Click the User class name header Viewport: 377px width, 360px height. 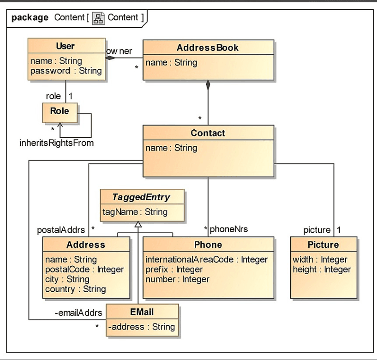[65, 46]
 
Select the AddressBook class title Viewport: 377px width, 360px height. [208, 48]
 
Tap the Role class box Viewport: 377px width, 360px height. [60, 111]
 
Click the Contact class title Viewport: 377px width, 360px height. [208, 133]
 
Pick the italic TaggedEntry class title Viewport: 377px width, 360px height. [142, 197]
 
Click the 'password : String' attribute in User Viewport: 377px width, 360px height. [66, 71]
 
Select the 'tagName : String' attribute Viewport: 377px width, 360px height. [135, 212]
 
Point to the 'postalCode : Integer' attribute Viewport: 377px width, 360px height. [84, 269]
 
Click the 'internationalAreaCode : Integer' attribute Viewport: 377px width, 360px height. [206, 259]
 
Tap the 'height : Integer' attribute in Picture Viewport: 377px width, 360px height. [322, 269]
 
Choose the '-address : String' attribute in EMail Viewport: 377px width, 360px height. [142, 327]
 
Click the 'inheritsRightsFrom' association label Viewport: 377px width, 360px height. [56, 143]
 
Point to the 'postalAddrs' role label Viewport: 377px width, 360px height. [61, 229]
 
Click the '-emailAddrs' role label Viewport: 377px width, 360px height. [78, 313]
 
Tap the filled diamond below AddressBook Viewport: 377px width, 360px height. [208, 85]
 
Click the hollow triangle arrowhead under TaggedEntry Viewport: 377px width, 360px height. [138, 225]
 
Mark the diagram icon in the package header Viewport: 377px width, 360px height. [98, 18]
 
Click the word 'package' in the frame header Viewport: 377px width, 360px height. [30, 18]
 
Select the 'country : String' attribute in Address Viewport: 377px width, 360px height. [75, 289]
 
